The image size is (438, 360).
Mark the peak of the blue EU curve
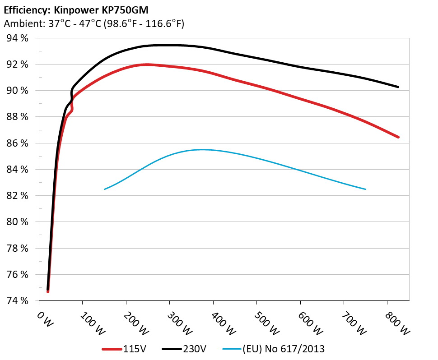[202, 149]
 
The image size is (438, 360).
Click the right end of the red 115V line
[398, 137]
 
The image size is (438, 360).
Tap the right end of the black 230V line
[398, 87]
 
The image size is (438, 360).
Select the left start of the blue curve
[105, 189]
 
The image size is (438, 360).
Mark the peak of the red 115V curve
[147, 65]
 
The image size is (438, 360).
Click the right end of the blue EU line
[365, 189]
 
